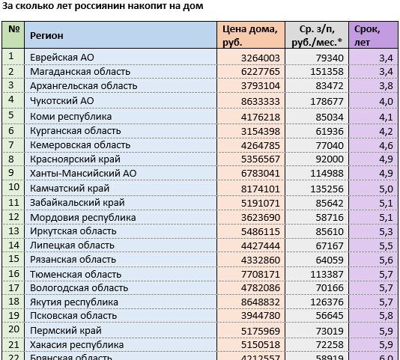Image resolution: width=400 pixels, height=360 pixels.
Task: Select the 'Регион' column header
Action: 46,35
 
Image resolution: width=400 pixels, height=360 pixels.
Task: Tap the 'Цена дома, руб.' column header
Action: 249,35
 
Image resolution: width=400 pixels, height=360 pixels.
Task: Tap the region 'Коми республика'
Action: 70,116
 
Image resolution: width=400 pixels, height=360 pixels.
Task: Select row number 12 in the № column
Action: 12,216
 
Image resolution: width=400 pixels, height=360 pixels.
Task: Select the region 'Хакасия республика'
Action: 76,345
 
